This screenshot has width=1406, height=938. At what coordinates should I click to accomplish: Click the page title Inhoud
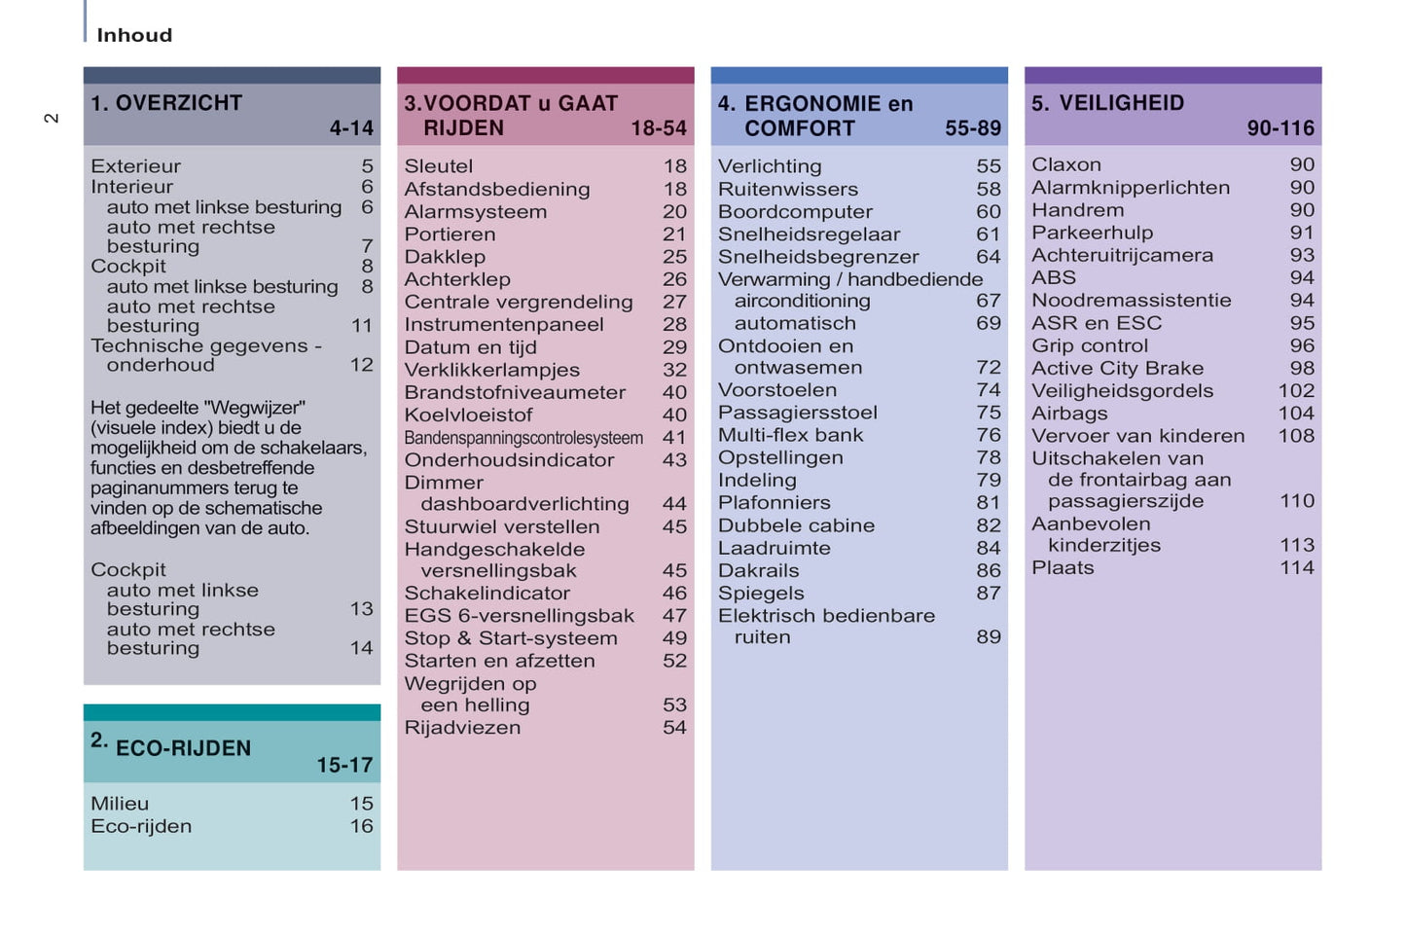coord(134,35)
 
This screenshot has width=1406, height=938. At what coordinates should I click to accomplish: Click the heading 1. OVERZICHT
coord(166,103)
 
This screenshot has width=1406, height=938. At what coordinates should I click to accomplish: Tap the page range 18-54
coord(658,128)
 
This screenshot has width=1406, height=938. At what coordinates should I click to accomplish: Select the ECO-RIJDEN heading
coord(183,748)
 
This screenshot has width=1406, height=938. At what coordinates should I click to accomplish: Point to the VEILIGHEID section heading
coord(1121,103)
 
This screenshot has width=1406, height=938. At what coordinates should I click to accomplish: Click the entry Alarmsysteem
coord(476,212)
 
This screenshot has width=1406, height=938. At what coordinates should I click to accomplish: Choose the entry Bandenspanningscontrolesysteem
coord(523,438)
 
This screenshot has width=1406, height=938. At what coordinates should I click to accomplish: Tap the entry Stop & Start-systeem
coord(511,638)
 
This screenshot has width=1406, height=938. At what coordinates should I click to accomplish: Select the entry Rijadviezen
coord(462,728)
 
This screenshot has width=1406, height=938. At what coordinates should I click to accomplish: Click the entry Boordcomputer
coord(795,212)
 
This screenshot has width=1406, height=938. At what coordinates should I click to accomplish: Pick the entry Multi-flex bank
coord(790,435)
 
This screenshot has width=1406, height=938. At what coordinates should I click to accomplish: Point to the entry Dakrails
coord(758,571)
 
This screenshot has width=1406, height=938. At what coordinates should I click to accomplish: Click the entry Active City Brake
coord(1117,369)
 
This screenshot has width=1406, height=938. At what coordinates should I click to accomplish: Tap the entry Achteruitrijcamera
coord(1122,255)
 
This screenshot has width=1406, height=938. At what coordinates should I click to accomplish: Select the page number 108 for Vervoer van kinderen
coord(1296,436)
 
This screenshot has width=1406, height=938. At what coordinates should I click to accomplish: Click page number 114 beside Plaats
coord(1296,567)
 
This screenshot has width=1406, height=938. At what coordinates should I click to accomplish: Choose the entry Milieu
coord(120,804)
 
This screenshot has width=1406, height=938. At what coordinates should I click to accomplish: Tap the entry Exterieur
coord(135,166)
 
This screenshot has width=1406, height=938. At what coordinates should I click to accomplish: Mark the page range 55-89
coord(972,128)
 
